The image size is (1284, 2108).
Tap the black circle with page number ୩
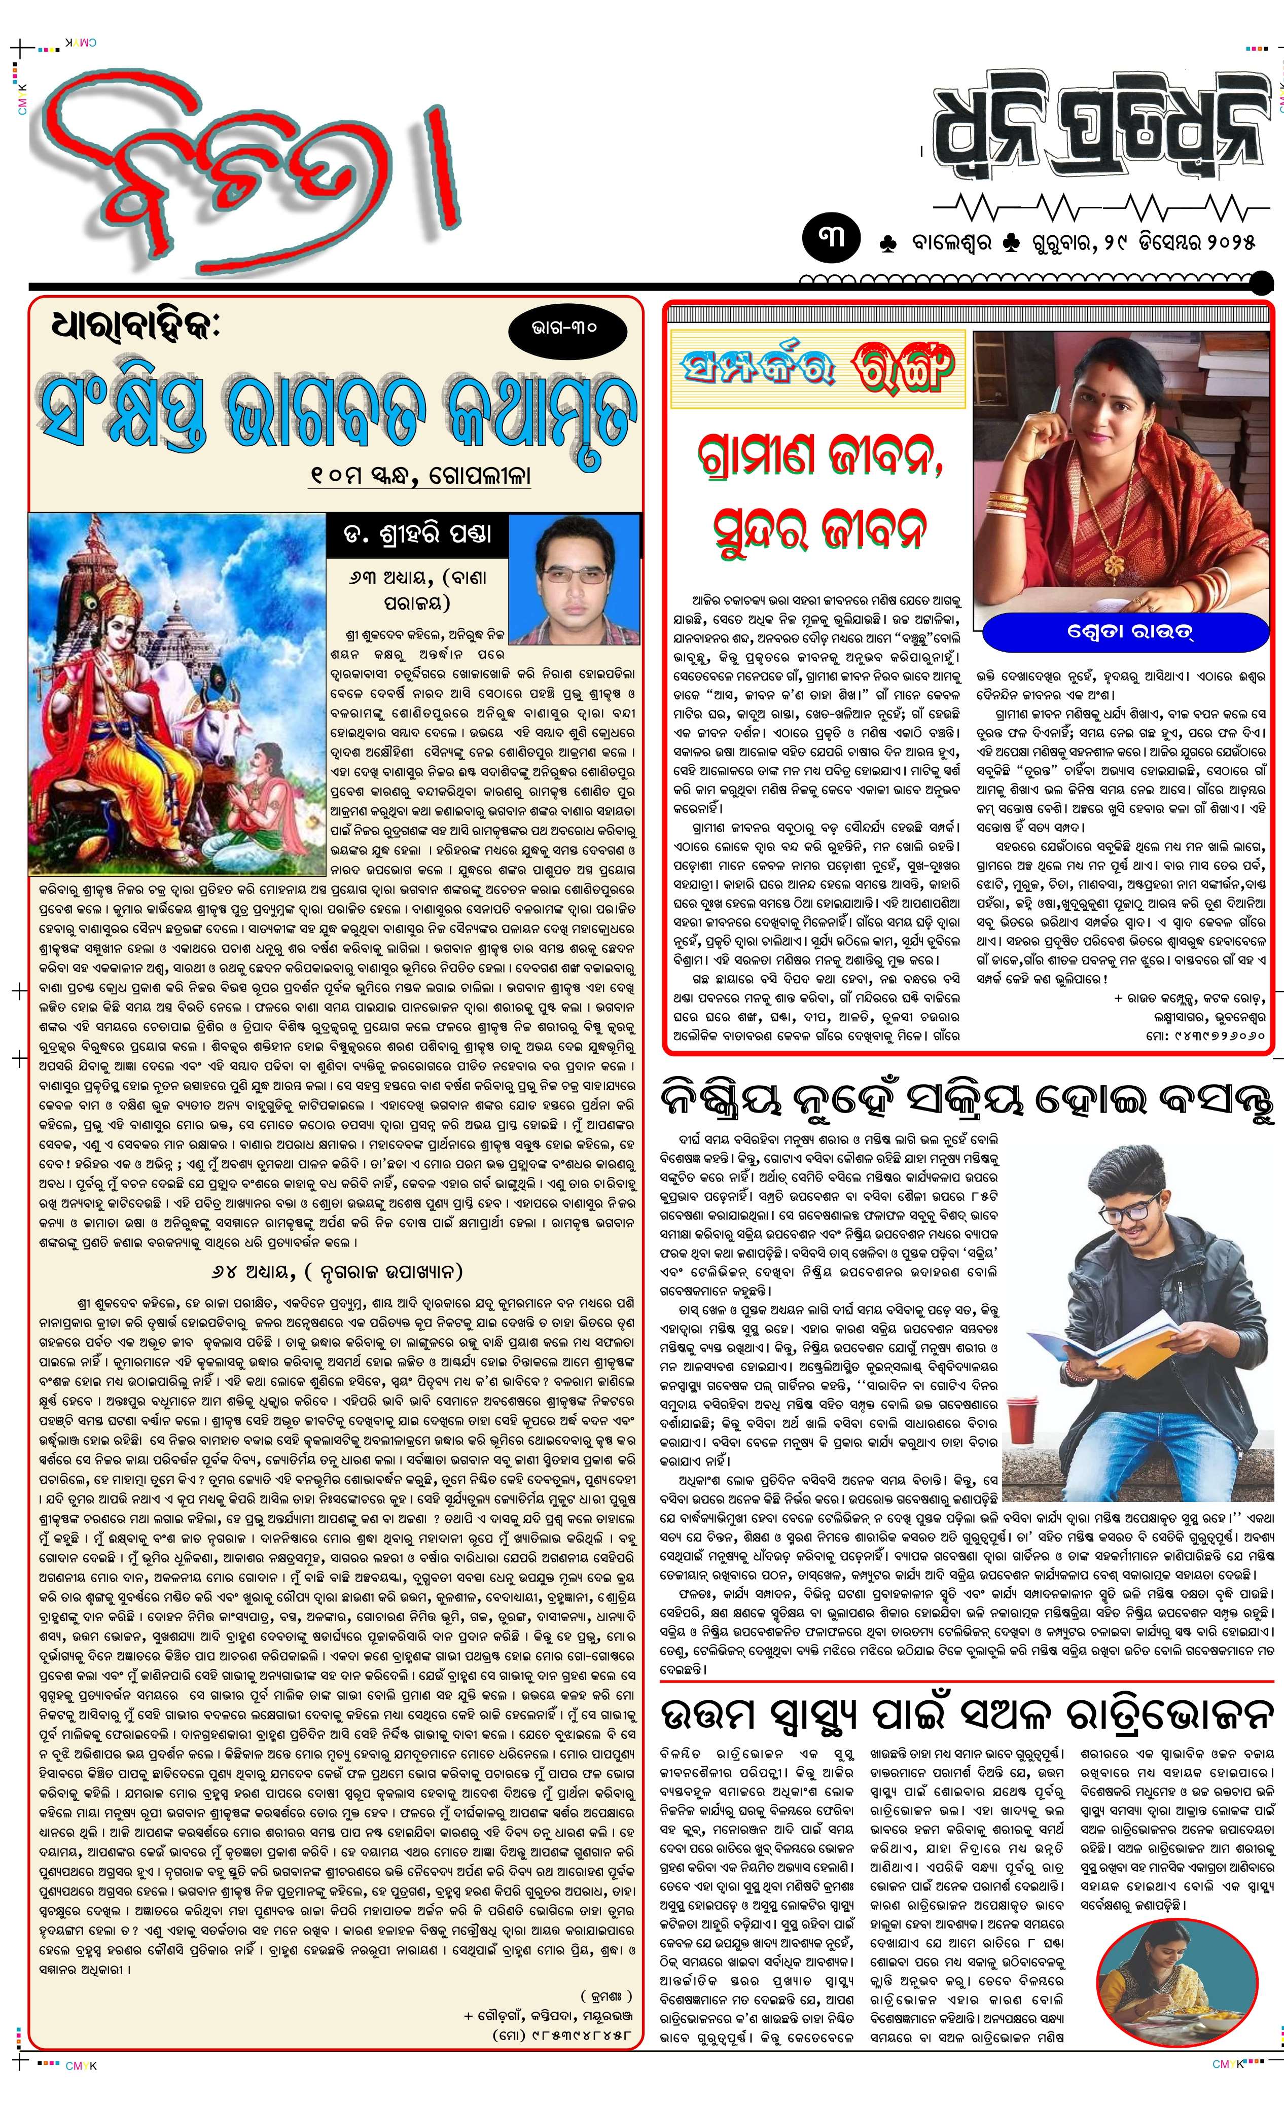[832, 237]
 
